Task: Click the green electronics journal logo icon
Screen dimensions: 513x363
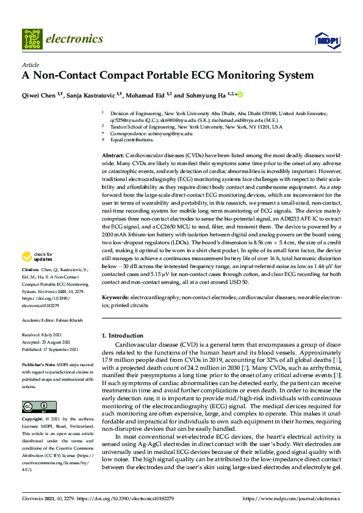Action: tap(33, 39)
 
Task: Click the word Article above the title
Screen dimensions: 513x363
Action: tap(30, 65)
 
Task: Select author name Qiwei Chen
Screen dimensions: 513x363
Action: tap(38, 95)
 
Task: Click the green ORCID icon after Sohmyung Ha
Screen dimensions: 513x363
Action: tap(240, 94)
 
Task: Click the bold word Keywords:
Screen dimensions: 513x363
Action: tap(115, 297)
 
